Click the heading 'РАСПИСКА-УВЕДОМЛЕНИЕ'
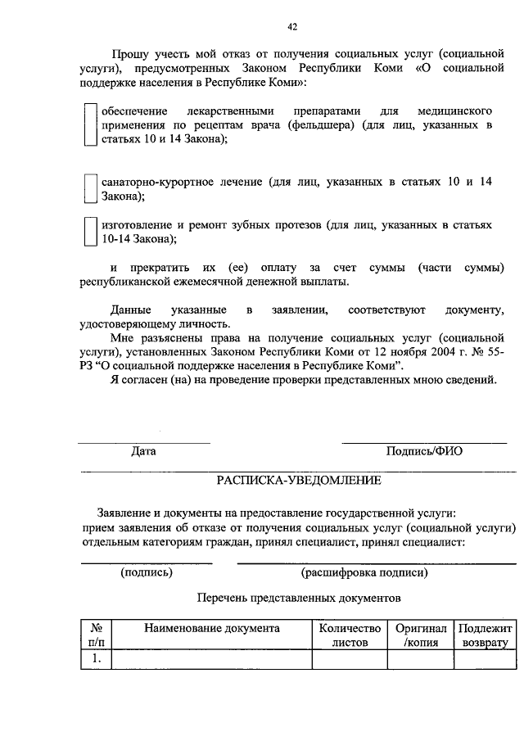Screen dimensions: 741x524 [299, 479]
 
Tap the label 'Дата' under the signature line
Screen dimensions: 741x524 [143, 451]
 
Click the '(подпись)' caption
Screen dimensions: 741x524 [147, 572]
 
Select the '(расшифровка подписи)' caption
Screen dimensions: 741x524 [364, 572]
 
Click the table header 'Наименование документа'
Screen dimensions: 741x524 [212, 628]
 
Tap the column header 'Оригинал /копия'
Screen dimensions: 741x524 [421, 635]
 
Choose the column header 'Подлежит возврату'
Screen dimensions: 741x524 [486, 635]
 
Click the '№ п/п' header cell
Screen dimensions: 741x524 [96, 635]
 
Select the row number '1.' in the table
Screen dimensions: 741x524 [96, 657]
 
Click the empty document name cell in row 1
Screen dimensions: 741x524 [212, 658]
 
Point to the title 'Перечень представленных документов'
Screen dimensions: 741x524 [299, 598]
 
